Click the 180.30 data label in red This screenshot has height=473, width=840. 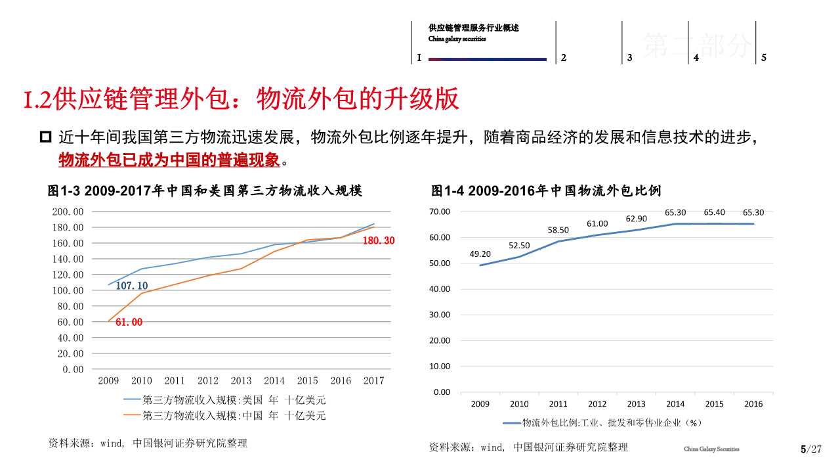coord(379,241)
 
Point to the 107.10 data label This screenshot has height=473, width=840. coord(132,286)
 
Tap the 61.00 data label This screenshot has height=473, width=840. coord(129,322)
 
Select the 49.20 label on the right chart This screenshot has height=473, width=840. coord(480,254)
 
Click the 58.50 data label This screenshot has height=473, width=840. coord(558,230)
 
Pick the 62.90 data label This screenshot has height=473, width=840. coord(636,219)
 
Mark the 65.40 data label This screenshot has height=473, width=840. coord(714,212)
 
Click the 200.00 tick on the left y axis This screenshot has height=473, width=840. coord(68,212)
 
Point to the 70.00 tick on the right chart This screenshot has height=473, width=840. coord(440,212)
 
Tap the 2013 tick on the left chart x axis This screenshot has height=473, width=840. coord(241,380)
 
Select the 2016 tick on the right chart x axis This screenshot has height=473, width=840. coord(753,404)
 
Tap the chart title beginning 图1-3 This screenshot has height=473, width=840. coord(205,191)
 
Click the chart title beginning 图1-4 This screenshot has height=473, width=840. coord(546,191)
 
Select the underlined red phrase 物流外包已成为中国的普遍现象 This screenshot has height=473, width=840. coord(169,160)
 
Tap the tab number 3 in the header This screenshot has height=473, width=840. coord(629,58)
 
